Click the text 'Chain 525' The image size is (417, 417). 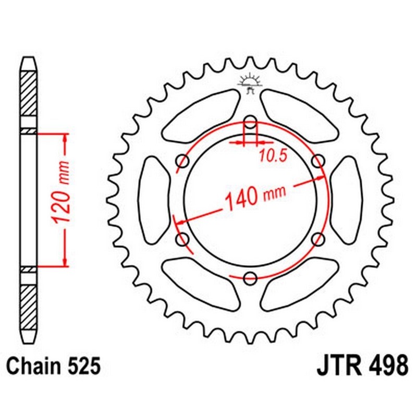click(54, 365)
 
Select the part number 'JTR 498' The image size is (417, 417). click(362, 365)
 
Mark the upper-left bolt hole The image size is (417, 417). click(183, 161)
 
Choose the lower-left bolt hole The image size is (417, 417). click(183, 239)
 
